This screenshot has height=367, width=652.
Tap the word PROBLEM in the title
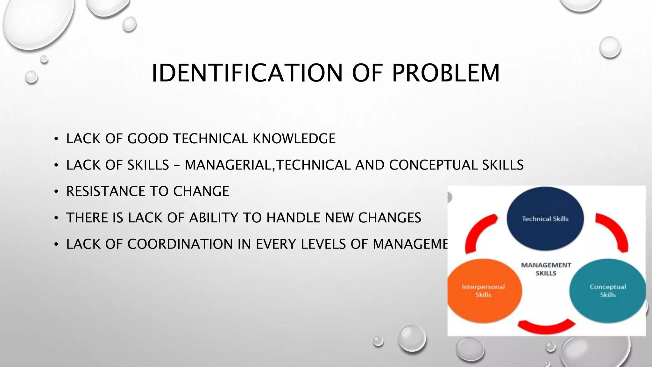coord(445,73)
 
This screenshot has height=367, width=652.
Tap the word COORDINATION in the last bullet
coord(180,244)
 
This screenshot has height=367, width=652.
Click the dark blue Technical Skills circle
coord(545,219)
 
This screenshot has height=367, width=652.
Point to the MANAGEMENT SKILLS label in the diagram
coord(546,269)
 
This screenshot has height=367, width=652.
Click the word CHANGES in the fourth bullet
coord(389,218)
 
